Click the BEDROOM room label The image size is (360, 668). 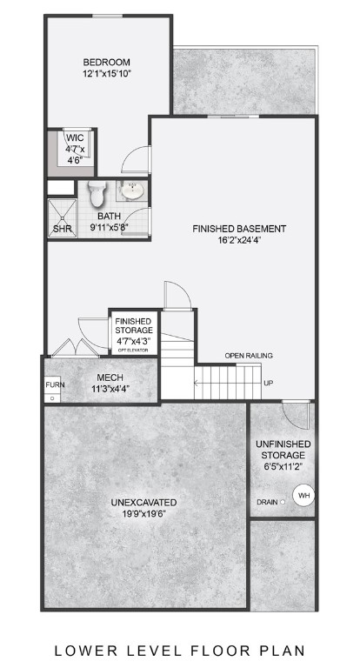point(106,62)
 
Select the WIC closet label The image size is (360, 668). point(74,138)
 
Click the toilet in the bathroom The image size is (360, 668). point(97,191)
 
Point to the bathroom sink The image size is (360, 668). point(132,191)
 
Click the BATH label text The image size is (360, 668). point(109,216)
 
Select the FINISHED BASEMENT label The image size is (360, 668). point(239,229)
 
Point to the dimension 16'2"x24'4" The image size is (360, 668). point(239,242)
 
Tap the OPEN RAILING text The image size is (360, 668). point(249,356)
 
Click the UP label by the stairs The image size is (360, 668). point(269,384)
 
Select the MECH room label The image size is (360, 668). point(110,377)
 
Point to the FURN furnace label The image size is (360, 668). point(55,384)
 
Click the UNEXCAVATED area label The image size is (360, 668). point(144,502)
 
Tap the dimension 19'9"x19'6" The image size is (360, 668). point(144,515)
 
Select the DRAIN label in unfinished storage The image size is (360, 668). point(267,502)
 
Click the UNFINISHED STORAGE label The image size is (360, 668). point(280,450)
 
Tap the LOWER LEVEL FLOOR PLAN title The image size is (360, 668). point(179,649)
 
